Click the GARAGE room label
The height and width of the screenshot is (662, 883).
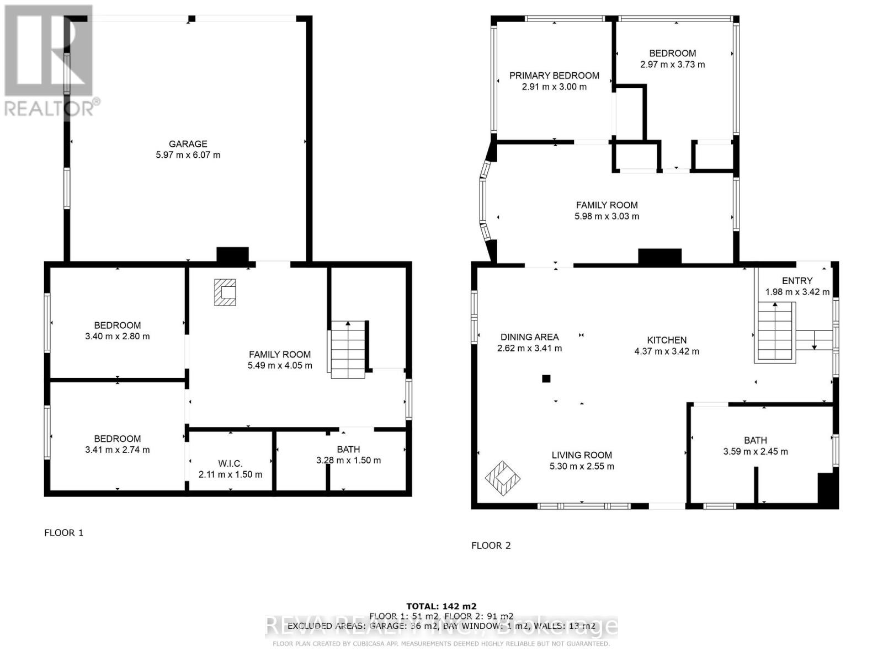188,143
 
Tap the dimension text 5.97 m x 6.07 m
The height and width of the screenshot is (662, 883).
188,155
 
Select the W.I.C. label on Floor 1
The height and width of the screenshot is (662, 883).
230,463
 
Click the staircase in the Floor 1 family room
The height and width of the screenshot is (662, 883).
348,349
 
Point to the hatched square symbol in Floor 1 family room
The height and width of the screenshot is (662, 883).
225,292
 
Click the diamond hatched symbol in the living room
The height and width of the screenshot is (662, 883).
502,478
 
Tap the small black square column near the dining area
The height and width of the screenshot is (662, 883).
546,378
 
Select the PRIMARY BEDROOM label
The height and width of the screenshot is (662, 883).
554,76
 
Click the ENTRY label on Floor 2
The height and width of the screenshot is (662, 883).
797,281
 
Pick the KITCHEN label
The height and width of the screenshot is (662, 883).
667,340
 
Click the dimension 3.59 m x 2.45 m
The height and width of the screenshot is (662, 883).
755,451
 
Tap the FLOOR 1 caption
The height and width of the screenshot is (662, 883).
63,532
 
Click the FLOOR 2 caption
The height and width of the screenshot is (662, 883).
491,546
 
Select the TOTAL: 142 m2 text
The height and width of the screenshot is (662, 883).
441,606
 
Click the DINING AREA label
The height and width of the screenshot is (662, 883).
529,337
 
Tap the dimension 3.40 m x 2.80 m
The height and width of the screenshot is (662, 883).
117,336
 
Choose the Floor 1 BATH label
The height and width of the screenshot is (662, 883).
348,450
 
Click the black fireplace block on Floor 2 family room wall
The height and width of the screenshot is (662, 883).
659,256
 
